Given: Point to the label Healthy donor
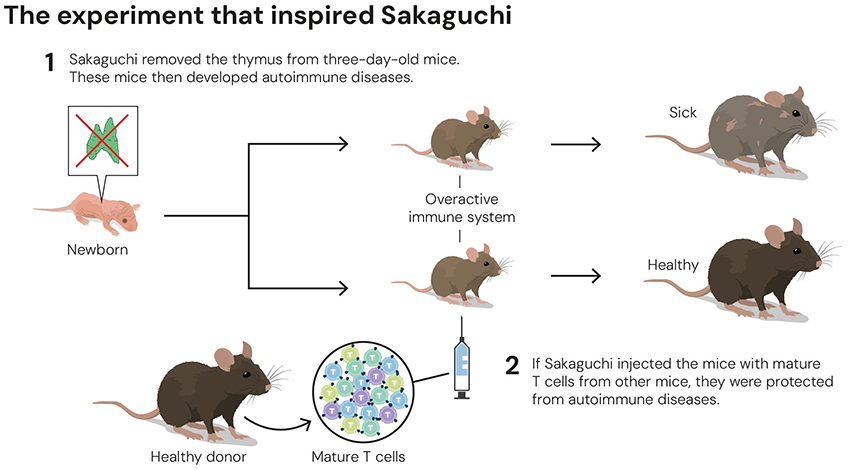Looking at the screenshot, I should [x=198, y=457].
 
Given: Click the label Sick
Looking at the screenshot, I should [x=683, y=112].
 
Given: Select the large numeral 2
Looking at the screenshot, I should [x=511, y=365].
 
